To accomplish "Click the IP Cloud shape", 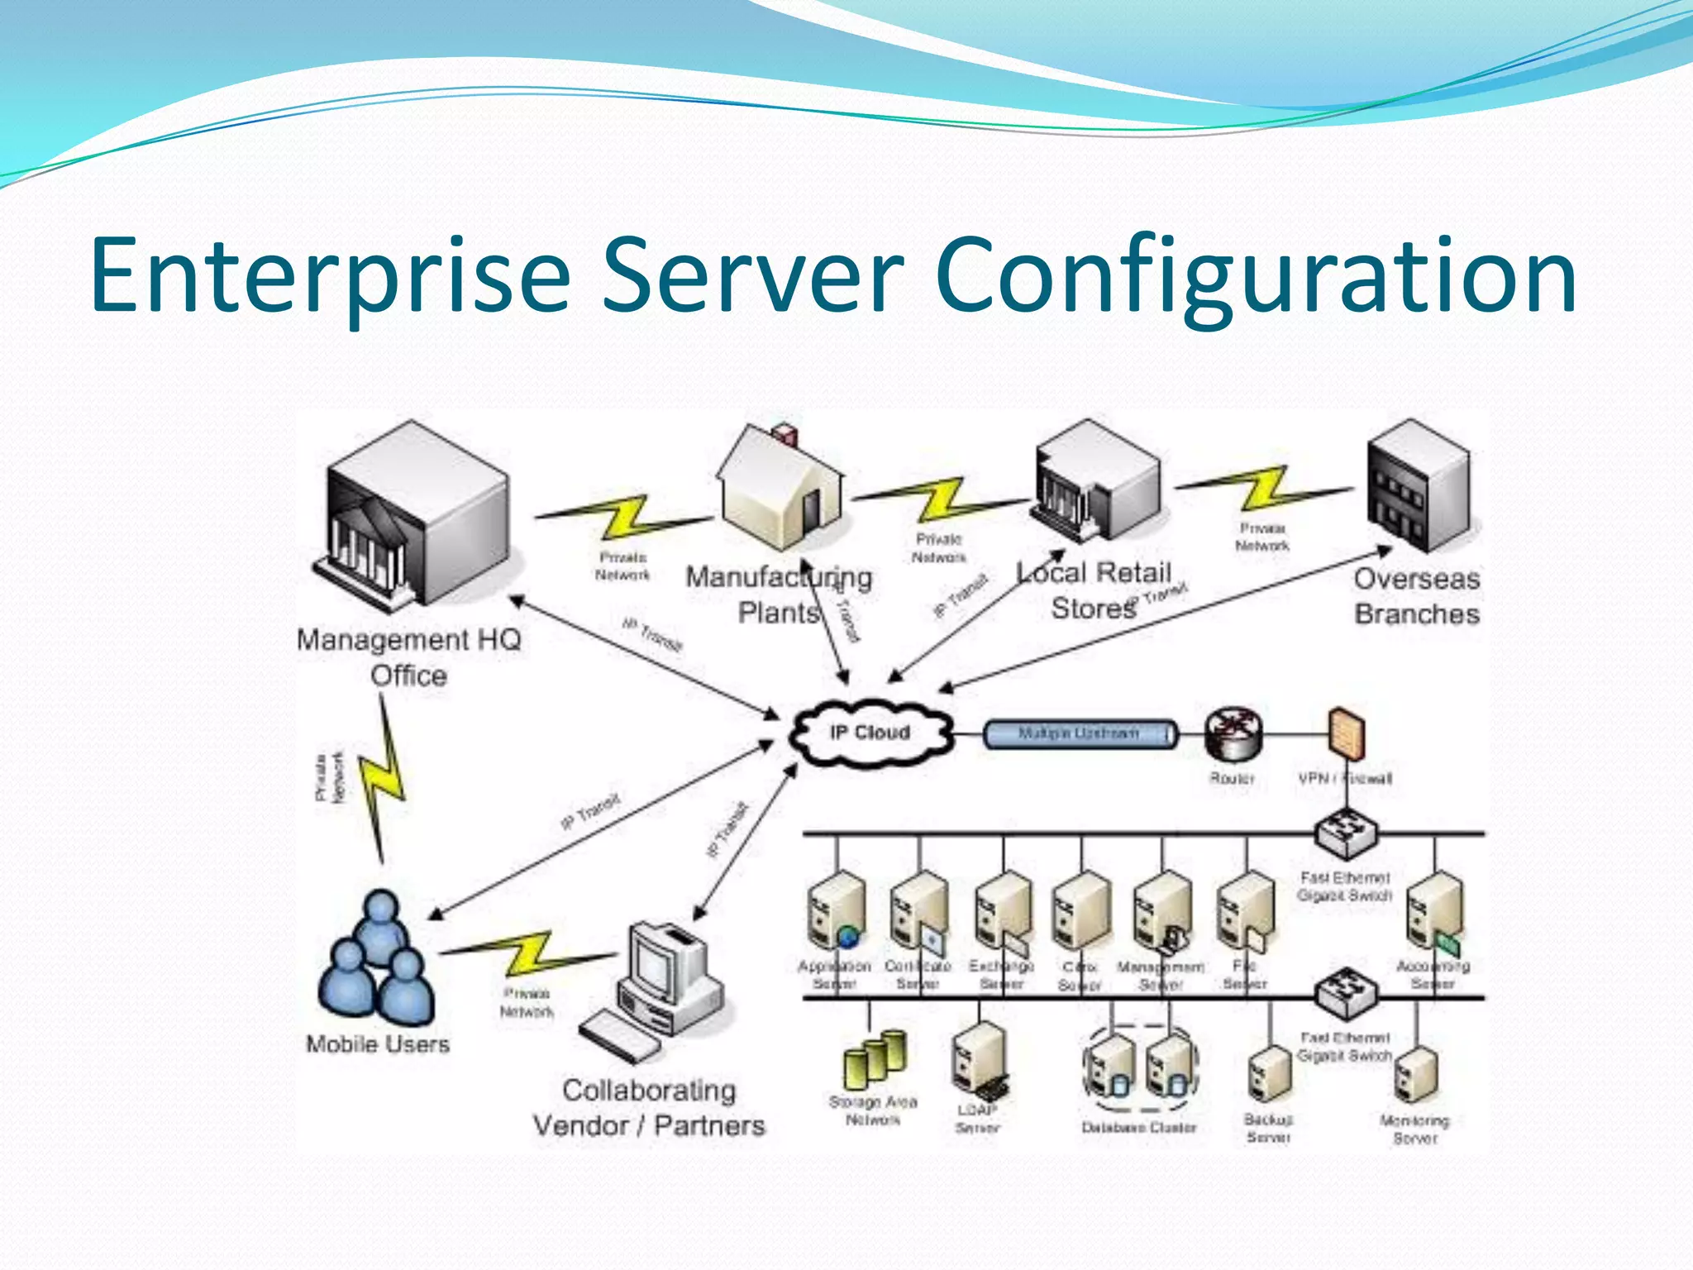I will click(x=870, y=733).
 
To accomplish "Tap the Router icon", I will click(x=1233, y=734).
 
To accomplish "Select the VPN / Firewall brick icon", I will click(x=1346, y=733).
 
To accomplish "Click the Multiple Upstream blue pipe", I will click(x=1079, y=733).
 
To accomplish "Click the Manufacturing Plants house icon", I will click(x=781, y=488).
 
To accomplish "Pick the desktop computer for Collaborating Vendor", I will click(x=661, y=984).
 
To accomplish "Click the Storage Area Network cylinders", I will click(x=875, y=1058).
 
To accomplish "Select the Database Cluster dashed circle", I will click(x=1140, y=1068).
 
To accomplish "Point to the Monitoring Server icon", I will click(x=1415, y=1075).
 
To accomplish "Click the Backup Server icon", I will click(x=1269, y=1075).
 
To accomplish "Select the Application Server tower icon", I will click(x=835, y=910).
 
